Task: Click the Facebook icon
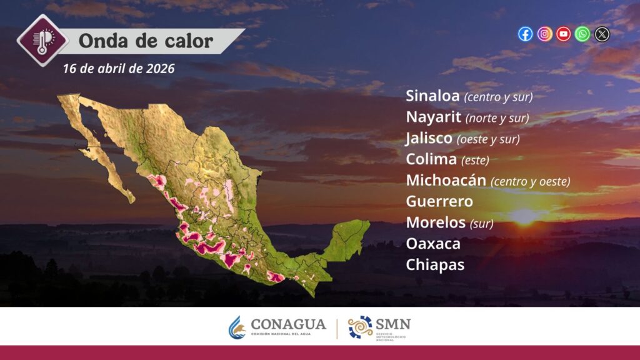click(x=525, y=34)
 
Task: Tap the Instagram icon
click(x=544, y=34)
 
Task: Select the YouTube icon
click(x=564, y=34)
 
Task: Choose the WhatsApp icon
click(x=582, y=34)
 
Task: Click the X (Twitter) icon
click(x=602, y=34)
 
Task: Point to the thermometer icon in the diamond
click(x=42, y=41)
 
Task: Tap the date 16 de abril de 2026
click(x=119, y=69)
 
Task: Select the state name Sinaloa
click(x=432, y=96)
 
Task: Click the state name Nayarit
click(x=434, y=117)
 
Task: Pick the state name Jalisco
click(x=429, y=138)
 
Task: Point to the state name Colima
click(x=431, y=159)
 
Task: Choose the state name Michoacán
click(x=446, y=180)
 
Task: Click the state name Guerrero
click(x=439, y=201)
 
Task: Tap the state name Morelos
click(x=436, y=222)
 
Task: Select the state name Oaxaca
click(x=433, y=244)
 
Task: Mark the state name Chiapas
click(x=435, y=265)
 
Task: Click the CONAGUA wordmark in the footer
click(x=288, y=324)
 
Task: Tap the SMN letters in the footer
click(x=392, y=324)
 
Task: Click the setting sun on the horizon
click(x=525, y=216)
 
